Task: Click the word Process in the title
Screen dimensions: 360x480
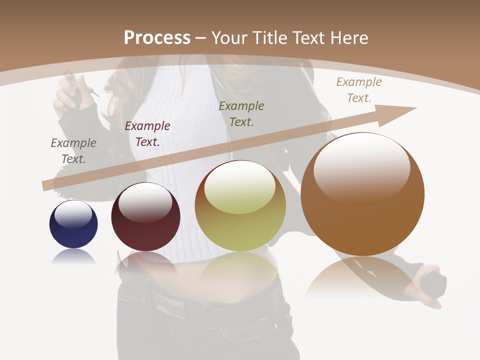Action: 157,37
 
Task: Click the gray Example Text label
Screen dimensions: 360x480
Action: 73,150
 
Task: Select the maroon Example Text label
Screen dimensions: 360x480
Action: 147,133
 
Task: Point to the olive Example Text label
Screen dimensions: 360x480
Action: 241,113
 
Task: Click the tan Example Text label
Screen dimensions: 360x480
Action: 358,89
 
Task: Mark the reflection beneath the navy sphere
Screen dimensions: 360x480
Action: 73,257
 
